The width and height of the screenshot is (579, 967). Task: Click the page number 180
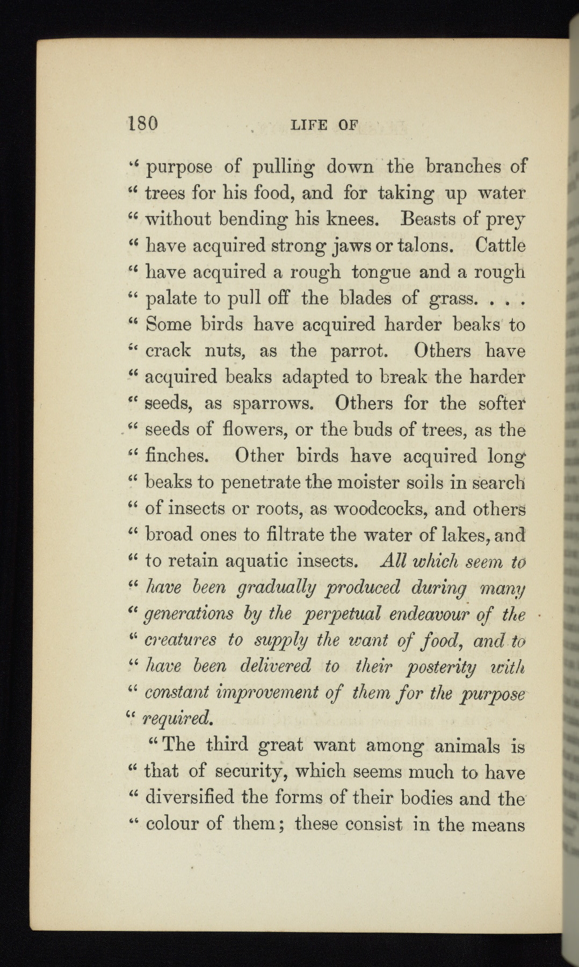point(143,124)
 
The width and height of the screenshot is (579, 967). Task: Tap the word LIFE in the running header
point(309,126)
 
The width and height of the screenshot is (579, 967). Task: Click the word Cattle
point(500,246)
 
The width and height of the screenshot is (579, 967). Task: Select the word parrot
point(359,351)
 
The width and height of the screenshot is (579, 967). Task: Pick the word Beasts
point(430,219)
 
